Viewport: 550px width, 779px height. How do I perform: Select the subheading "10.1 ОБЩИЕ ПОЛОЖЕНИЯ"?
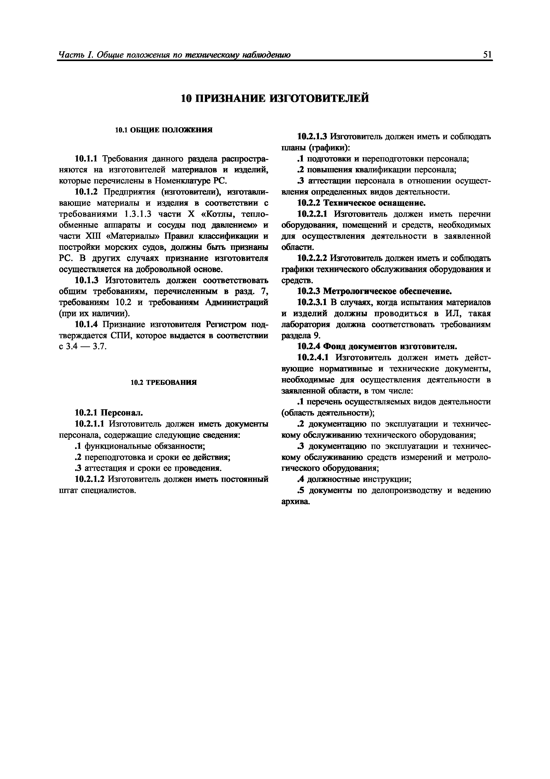click(164, 130)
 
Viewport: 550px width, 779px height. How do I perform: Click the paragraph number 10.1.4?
click(86, 325)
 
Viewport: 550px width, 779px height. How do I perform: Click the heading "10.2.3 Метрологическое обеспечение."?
click(374, 291)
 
